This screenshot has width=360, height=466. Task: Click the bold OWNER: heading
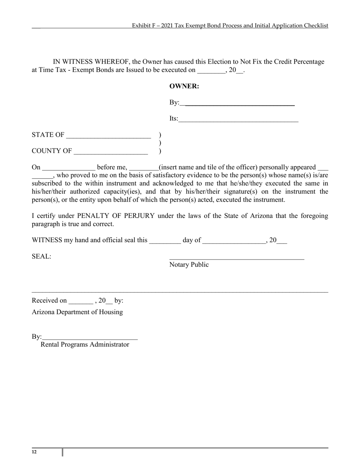(184, 86)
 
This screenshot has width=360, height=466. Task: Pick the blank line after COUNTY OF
(111, 153)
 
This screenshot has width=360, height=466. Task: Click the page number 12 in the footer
(34, 452)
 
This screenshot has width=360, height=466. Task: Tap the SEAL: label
(42, 256)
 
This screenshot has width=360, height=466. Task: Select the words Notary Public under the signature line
(189, 264)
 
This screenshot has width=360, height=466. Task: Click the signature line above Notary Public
(236, 259)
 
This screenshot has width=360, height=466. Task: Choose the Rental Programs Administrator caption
(85, 344)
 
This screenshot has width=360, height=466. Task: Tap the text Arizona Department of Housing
(77, 312)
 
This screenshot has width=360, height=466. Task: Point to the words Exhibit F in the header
(142, 26)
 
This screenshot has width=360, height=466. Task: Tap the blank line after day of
(234, 242)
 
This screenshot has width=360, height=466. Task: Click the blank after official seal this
(165, 242)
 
